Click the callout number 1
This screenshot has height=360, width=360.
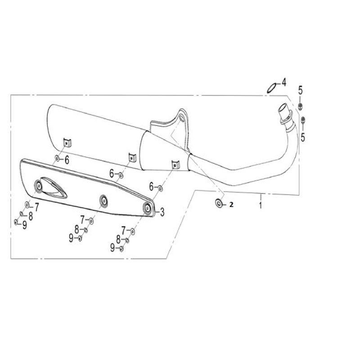pyautogui.click(x=261, y=205)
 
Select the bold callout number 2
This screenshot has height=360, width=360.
pyautogui.click(x=231, y=204)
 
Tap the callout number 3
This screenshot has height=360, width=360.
pyautogui.click(x=162, y=212)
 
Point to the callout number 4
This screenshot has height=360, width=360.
pyautogui.click(x=284, y=82)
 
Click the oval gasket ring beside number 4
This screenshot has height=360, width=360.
pyautogui.click(x=271, y=88)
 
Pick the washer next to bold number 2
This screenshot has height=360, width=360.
pyautogui.click(x=219, y=203)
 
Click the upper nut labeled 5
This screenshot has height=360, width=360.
pyautogui.click(x=300, y=106)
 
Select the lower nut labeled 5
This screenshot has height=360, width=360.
pyautogui.click(x=303, y=120)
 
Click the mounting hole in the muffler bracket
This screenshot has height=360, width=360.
pyautogui.click(x=181, y=119)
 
